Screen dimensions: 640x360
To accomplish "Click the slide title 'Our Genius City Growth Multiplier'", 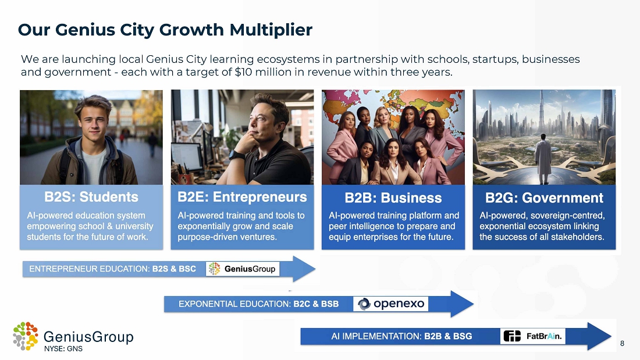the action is pos(165,30).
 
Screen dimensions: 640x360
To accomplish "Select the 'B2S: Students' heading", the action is pos(91,197).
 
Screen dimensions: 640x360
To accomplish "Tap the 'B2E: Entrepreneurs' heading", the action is pos(242,197).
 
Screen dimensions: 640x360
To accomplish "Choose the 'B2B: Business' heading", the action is pos(393,198).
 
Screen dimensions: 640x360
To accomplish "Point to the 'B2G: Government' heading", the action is pos(544,198).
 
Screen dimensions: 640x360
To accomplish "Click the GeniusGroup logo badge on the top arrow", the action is pos(243,269).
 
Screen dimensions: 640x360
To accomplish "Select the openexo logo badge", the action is pos(390,304).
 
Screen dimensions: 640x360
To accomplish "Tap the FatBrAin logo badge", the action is pos(532,336).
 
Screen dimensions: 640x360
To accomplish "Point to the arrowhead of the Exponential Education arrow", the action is pos(461,304).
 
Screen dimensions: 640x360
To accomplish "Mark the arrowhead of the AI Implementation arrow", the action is pos(599,336).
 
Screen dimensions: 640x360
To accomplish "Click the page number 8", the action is pos(622,343).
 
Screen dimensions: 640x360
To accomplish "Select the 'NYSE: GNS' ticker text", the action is pos(63,348).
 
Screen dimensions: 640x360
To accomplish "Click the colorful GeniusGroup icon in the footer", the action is pos(25,336).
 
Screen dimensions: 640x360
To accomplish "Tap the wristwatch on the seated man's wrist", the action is pos(236,155).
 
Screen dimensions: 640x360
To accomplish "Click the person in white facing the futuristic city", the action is pos(543,159).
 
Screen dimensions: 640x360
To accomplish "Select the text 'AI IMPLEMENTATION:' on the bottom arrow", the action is pos(376,336).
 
